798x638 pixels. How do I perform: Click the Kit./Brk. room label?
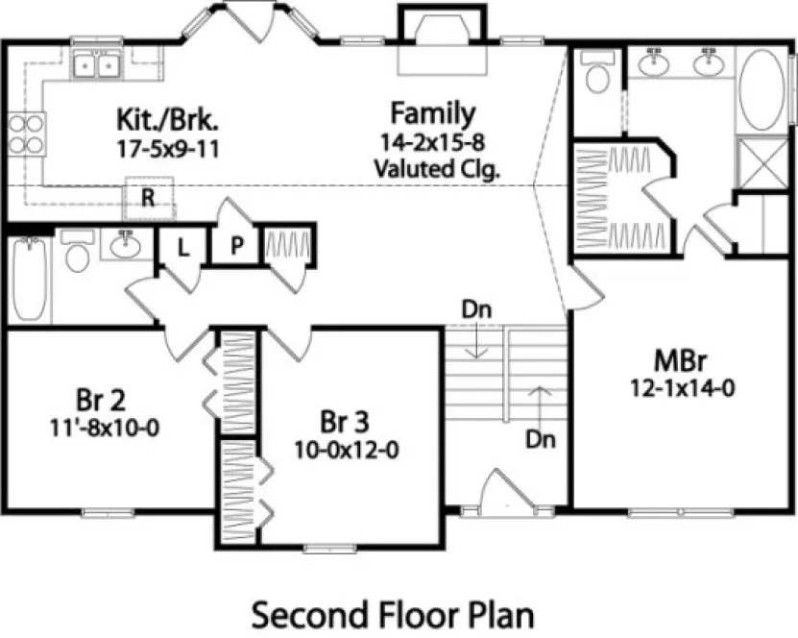coord(168,121)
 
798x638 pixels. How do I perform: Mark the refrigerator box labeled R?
coord(149,198)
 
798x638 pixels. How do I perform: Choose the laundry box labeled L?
coord(181,247)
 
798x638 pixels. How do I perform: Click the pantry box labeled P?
coord(236,247)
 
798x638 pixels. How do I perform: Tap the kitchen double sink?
coord(97,66)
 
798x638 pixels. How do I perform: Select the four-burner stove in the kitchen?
coord(27,135)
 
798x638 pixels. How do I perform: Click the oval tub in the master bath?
coord(763,89)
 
